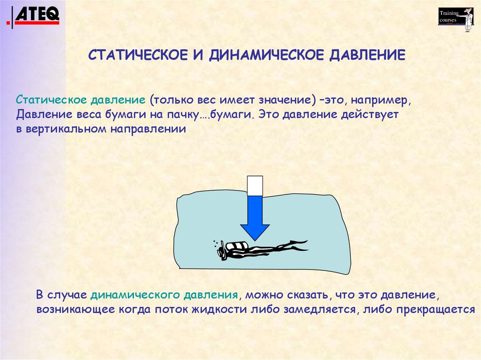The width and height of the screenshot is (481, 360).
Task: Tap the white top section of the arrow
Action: pos(255,185)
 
